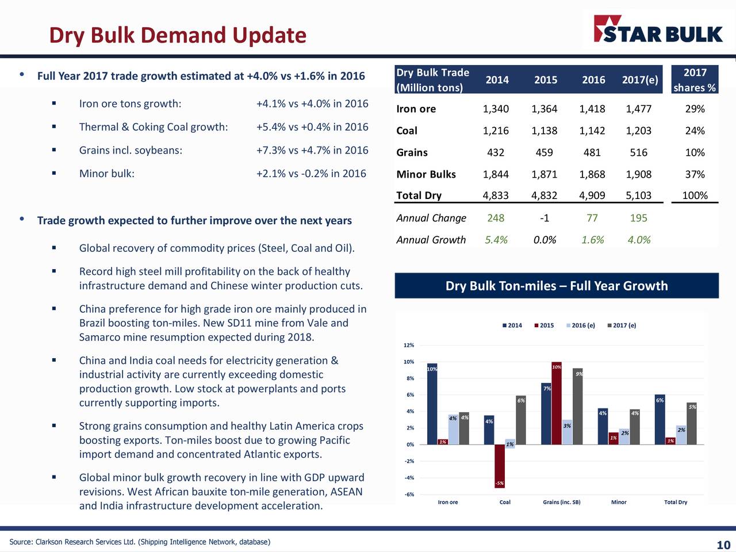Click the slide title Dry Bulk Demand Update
click(x=178, y=35)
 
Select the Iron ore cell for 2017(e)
click(x=638, y=109)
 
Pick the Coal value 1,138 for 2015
click(x=544, y=131)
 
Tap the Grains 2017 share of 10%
click(x=695, y=152)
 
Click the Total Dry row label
click(x=419, y=195)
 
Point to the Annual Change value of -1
click(x=544, y=218)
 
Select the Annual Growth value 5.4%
click(x=496, y=240)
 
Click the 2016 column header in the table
click(x=593, y=79)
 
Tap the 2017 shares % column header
click(x=695, y=79)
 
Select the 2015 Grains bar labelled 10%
click(x=556, y=403)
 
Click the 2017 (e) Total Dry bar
click(x=692, y=423)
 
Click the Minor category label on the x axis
click(x=619, y=502)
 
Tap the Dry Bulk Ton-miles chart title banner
click(x=557, y=286)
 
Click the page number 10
click(x=723, y=545)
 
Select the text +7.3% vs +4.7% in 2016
click(x=312, y=150)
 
